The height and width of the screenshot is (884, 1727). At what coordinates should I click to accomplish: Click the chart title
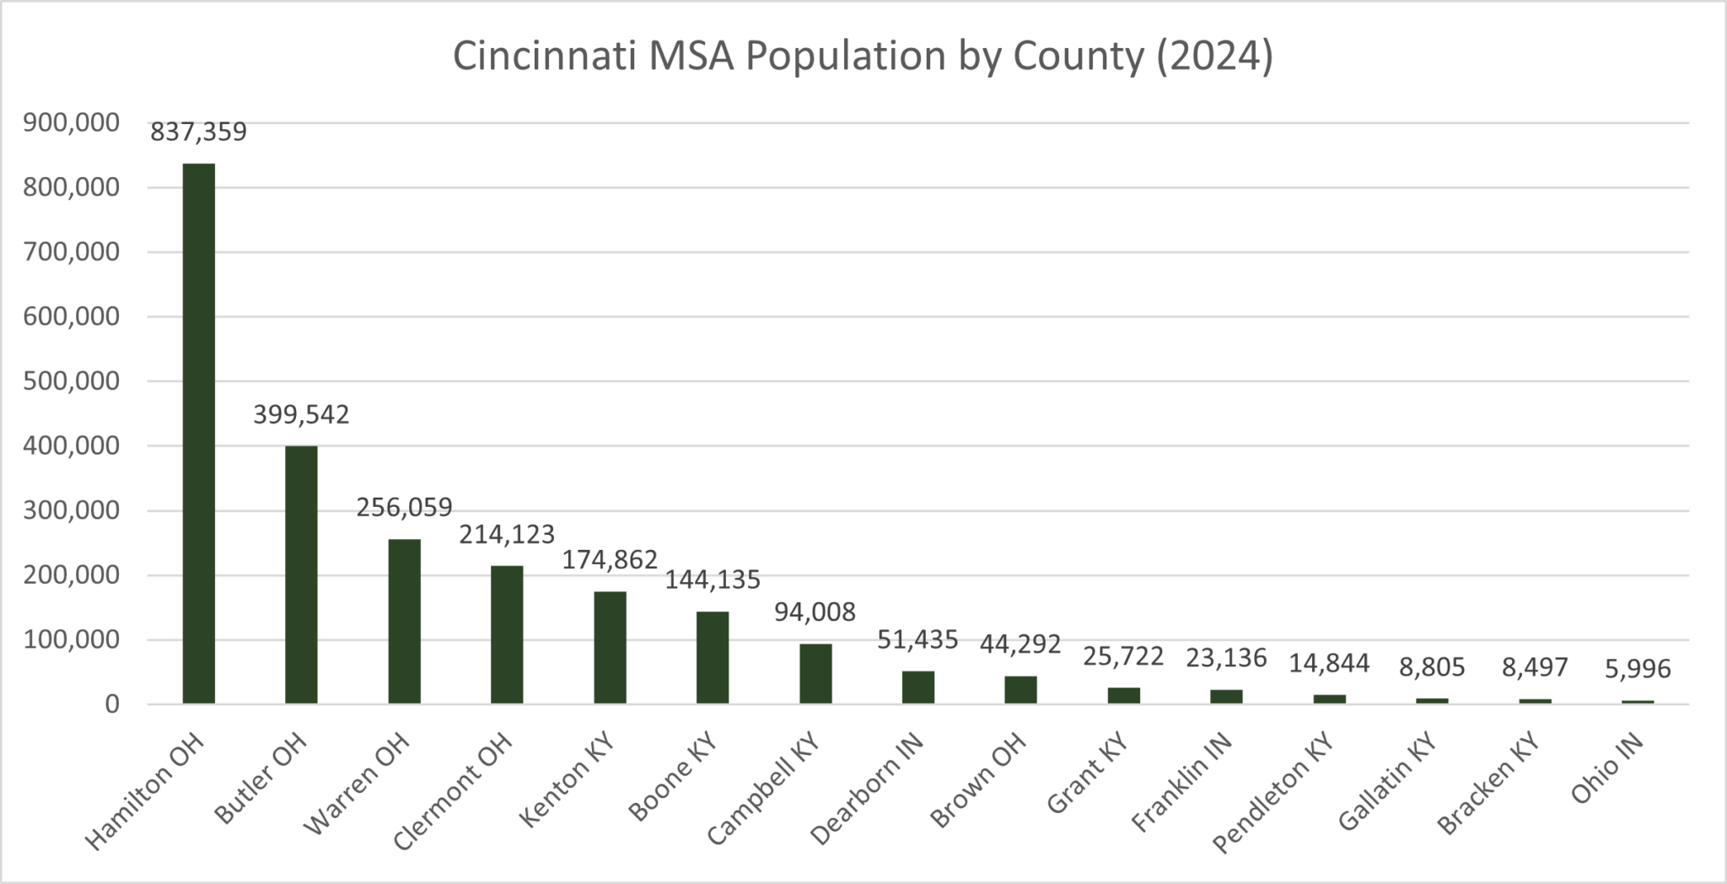863,57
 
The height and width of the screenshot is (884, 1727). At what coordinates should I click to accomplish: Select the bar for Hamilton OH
199,434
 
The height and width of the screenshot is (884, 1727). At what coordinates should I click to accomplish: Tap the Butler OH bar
301,574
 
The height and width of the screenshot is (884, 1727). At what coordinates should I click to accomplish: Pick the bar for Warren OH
404,622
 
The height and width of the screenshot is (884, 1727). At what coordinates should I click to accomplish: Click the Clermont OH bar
507,634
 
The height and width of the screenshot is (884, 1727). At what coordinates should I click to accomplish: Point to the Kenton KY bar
610,648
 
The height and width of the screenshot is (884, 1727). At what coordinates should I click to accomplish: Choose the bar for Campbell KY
815,673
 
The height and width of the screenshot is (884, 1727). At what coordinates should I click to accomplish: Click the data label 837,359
199,132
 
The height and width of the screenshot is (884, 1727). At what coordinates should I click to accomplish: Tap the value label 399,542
301,415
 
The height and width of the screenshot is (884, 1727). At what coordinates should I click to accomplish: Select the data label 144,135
713,579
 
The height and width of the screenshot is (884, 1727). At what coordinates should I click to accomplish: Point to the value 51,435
918,639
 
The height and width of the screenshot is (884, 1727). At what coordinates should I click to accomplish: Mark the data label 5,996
1638,669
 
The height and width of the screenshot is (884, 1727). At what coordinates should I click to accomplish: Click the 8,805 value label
1432,667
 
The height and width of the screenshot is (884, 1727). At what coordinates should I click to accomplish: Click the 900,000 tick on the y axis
71,123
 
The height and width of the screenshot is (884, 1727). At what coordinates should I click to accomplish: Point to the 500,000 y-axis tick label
71,381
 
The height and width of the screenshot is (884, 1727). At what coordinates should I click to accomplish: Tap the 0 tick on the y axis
111,704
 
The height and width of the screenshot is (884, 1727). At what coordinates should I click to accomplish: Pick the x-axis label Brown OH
979,780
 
